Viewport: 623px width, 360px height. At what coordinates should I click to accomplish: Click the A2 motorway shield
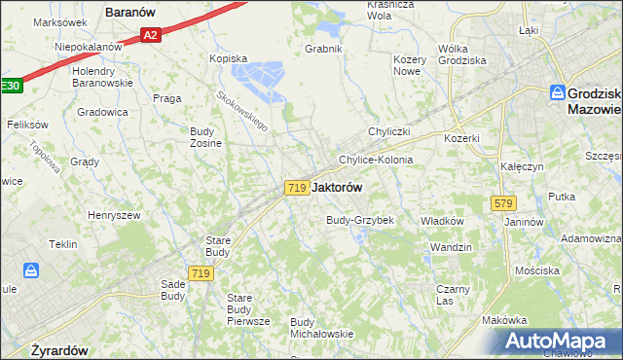point(149,35)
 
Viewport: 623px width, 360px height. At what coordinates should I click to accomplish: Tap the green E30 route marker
point(9,86)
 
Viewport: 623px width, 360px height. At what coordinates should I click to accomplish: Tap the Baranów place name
point(132,14)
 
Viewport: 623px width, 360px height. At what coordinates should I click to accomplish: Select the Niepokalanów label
point(88,46)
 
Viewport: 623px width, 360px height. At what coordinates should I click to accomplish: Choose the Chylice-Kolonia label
point(376,160)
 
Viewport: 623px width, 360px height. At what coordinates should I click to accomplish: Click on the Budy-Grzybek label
point(359,220)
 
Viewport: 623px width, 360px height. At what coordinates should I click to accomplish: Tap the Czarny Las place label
point(452,295)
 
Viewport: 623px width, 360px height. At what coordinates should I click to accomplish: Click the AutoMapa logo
point(556,342)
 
